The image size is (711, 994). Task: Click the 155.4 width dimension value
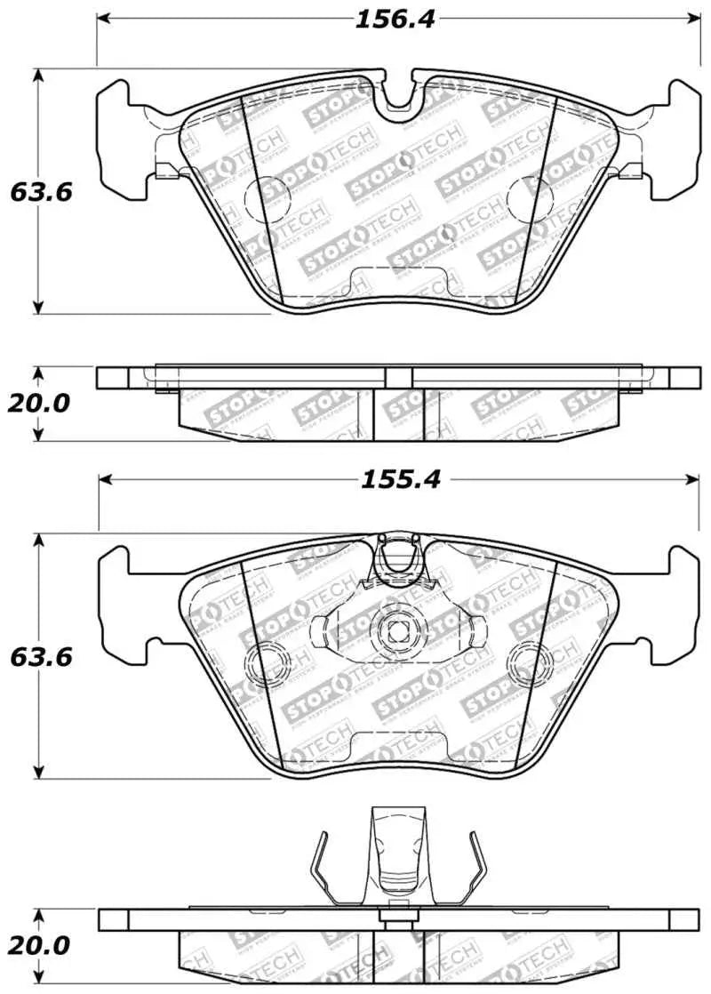pyautogui.click(x=399, y=480)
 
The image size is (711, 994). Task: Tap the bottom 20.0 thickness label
pyautogui.click(x=38, y=945)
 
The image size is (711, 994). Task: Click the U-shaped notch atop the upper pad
pyautogui.click(x=399, y=93)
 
